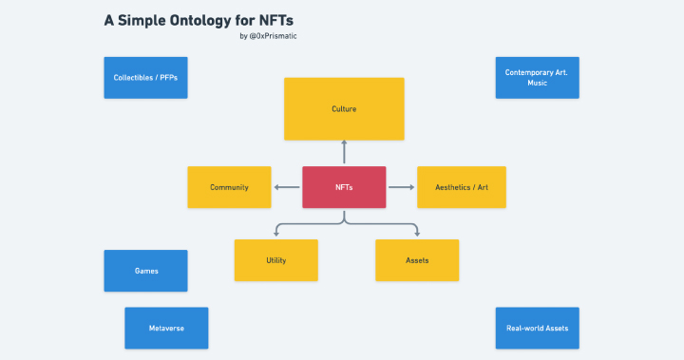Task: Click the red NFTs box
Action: [x=344, y=187]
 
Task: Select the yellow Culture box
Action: [x=344, y=109]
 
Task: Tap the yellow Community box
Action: [x=229, y=187]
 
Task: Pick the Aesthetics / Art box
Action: [x=461, y=187]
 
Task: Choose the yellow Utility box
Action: [x=275, y=260]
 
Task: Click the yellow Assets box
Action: [x=417, y=260]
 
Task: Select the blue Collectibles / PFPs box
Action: [x=145, y=77]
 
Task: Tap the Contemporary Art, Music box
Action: [x=537, y=77]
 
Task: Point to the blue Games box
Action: [x=145, y=271]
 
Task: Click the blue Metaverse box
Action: [x=166, y=328]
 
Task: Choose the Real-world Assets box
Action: [x=537, y=328]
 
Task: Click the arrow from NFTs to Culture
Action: [x=344, y=153]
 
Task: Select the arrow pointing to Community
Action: [x=286, y=187]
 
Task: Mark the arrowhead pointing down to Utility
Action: [x=275, y=233]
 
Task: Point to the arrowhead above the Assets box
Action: [x=416, y=233]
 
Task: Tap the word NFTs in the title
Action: [x=277, y=20]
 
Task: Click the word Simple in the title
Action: [x=141, y=20]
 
